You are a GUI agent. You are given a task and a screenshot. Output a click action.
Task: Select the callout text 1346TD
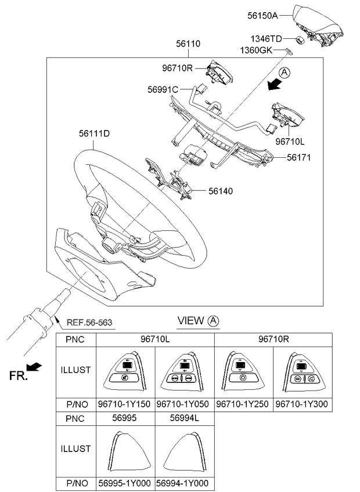(267, 39)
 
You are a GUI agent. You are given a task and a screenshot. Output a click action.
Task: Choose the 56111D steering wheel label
(95, 133)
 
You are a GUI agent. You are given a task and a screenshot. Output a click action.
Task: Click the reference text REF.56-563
(90, 323)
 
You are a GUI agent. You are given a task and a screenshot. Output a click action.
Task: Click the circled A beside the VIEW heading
(214, 320)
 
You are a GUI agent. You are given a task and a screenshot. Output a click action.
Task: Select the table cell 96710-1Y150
(126, 404)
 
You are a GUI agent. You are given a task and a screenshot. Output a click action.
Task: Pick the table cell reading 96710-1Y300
(303, 404)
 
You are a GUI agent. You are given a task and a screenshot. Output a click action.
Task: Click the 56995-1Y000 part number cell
(126, 483)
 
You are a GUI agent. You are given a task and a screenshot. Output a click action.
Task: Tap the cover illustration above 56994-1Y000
(185, 448)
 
